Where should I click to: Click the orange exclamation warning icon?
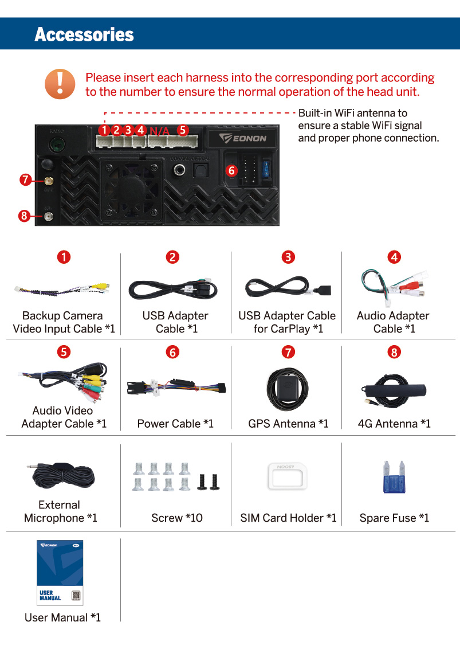[60, 84]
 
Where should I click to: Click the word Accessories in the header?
[84, 34]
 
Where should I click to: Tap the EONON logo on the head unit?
[243, 138]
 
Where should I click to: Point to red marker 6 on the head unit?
[231, 170]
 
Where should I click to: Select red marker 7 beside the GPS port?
[26, 179]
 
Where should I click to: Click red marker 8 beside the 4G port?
[24, 216]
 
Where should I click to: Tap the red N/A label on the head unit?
[159, 131]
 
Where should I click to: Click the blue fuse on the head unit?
[265, 169]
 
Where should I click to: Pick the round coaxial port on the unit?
[180, 170]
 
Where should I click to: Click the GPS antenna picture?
[288, 389]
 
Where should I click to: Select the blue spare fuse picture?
[394, 477]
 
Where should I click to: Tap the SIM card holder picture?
[287, 476]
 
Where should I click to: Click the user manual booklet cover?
[60, 573]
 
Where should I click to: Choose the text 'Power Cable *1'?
[175, 424]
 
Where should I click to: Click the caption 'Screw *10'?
[177, 518]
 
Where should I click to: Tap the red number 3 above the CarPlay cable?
[288, 257]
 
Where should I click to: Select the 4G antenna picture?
[394, 390]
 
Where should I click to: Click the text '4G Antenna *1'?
[394, 424]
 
